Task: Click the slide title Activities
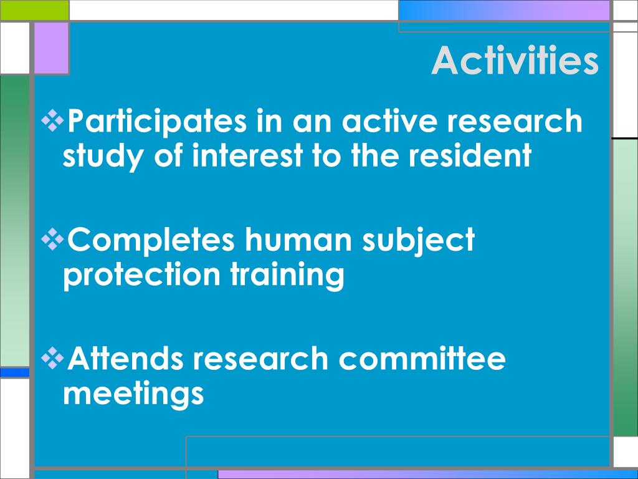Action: [x=515, y=60]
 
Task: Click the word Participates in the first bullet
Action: [x=157, y=122]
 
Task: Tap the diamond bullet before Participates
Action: [x=52, y=120]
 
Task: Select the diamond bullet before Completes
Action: [x=52, y=239]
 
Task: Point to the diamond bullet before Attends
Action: [x=52, y=358]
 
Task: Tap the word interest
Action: [x=247, y=155]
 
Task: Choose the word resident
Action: [x=470, y=155]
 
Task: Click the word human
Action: [x=298, y=239]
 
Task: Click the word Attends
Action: [x=125, y=358]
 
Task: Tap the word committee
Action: [x=422, y=358]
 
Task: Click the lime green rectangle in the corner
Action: [x=35, y=10]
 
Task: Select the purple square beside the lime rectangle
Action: [x=51, y=48]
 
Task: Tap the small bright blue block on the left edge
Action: [x=15, y=372]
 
